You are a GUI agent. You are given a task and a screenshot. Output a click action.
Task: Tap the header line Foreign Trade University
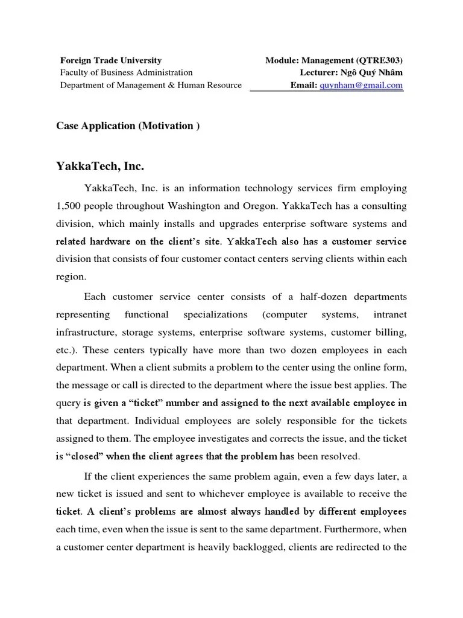click(x=110, y=60)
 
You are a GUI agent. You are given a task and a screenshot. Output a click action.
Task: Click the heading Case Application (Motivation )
click(x=127, y=126)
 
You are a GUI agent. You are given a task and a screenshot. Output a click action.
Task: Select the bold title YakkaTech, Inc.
click(x=100, y=165)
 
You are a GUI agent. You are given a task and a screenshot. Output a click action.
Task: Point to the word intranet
click(x=390, y=314)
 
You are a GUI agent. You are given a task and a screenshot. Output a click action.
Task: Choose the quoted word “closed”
click(x=84, y=456)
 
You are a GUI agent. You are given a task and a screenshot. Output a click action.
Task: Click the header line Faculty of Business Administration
click(x=126, y=72)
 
